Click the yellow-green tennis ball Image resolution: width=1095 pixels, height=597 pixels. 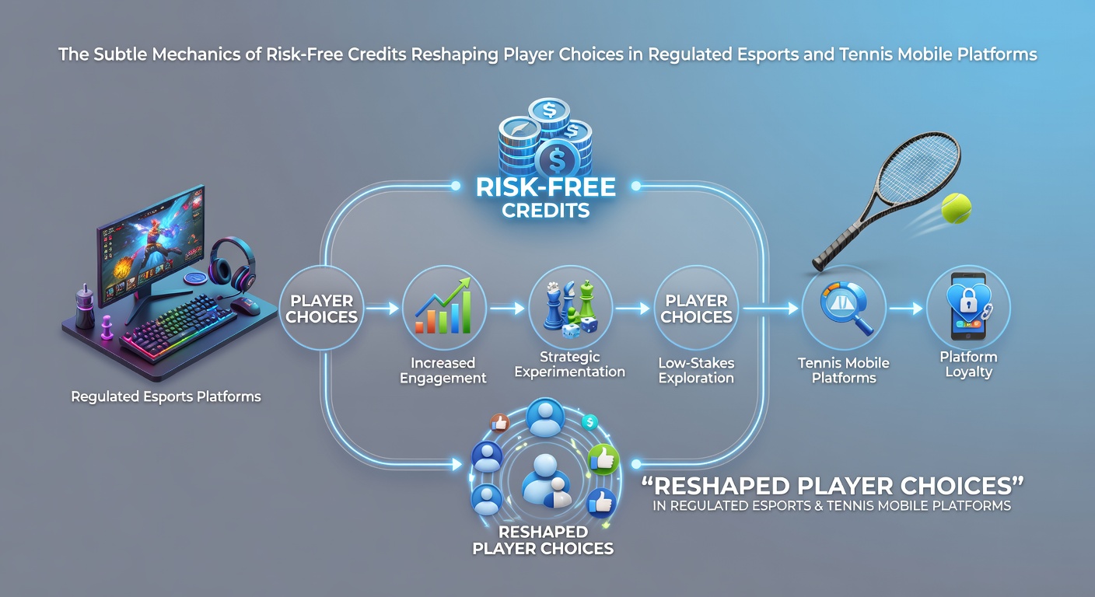956,208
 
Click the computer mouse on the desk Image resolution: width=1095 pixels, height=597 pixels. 245,306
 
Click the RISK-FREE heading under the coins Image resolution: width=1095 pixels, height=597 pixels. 545,187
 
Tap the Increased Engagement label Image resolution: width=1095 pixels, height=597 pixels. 443,370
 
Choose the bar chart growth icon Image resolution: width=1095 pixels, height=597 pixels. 443,306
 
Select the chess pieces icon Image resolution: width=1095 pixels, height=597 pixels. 570,309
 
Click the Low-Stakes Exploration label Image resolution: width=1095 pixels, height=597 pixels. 696,370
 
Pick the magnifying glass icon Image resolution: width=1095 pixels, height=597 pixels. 845,307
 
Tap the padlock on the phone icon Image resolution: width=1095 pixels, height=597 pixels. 968,302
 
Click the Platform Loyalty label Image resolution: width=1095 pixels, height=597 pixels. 968,364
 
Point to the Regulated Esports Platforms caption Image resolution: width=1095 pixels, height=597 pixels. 166,396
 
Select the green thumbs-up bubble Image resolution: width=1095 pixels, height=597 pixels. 603,459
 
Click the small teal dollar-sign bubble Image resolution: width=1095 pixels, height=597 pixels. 590,422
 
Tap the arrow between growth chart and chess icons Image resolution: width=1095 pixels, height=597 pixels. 507,309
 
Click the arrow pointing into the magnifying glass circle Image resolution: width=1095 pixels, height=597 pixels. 771,309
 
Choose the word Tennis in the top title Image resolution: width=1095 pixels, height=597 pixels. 866,54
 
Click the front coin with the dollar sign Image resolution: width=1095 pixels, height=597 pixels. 558,159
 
